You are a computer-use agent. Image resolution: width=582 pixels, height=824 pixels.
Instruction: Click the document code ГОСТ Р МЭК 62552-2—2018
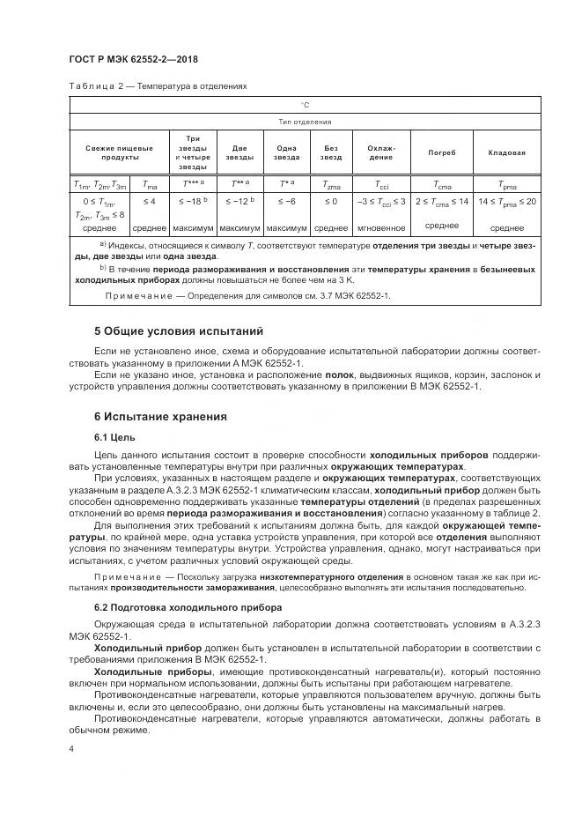pyautogui.click(x=132, y=59)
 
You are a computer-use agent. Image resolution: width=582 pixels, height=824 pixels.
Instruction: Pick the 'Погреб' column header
pyautogui.click(x=441, y=152)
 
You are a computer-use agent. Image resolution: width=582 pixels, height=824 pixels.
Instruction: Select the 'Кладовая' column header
pyautogui.click(x=506, y=152)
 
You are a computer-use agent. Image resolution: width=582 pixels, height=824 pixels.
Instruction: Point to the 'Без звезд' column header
pyautogui.click(x=331, y=152)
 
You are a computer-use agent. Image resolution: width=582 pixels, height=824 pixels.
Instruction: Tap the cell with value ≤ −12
pyautogui.click(x=239, y=201)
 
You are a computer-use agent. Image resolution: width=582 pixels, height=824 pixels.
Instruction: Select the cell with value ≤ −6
pyautogui.click(x=286, y=201)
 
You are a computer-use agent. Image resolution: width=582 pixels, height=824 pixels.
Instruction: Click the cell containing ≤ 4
pyautogui.click(x=149, y=201)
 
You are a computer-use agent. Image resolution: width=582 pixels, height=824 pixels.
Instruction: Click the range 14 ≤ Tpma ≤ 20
pyautogui.click(x=506, y=201)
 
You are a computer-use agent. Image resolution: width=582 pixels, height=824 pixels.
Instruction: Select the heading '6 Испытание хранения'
pyautogui.click(x=160, y=416)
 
